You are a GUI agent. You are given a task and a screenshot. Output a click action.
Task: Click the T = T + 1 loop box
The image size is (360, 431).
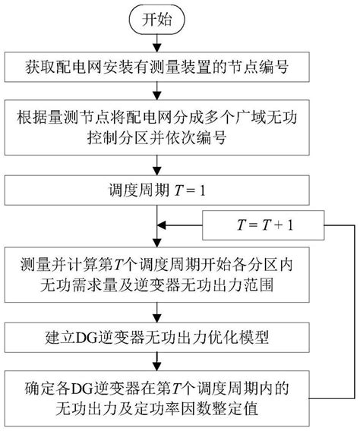tap(261, 226)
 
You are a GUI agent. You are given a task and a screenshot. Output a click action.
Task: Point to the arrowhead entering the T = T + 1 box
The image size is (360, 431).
tap(322, 226)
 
